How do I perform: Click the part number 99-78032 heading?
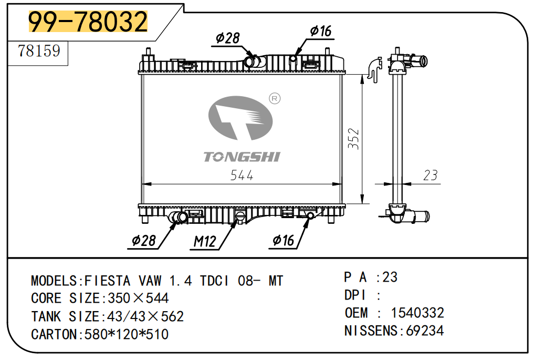click(88, 22)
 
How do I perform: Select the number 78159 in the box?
click(39, 52)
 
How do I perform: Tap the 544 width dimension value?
click(242, 176)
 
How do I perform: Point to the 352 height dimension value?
click(353, 139)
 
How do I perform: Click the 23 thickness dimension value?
click(430, 176)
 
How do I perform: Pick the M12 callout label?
click(205, 241)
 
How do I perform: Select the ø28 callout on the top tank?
click(227, 38)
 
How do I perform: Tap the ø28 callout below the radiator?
click(144, 241)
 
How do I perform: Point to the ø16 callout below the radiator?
click(283, 241)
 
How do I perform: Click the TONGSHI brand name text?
click(242, 157)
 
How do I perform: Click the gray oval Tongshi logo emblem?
click(240, 118)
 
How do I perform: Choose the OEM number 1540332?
click(417, 313)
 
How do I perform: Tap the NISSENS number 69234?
click(425, 331)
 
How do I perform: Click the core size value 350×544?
click(138, 299)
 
